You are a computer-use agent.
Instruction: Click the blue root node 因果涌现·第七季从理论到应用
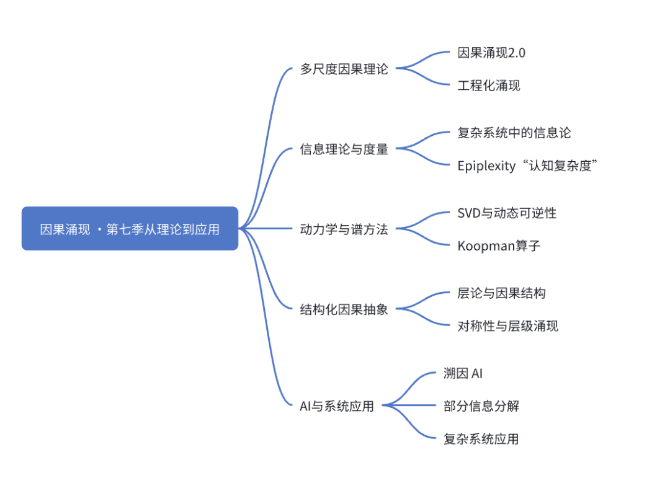[130, 229]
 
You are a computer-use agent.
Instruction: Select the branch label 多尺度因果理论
[344, 69]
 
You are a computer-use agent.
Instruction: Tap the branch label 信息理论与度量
[344, 149]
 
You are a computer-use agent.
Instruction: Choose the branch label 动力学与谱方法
[344, 229]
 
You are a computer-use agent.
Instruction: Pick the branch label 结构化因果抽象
[344, 309]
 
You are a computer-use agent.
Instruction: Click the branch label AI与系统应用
[337, 406]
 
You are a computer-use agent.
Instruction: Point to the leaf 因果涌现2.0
[491, 53]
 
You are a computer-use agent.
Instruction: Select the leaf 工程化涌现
[489, 86]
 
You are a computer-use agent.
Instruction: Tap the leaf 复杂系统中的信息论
[514, 133]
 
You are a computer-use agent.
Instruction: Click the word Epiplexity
[486, 166]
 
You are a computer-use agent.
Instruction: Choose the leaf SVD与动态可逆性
[507, 213]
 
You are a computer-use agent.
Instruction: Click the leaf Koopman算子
[499, 246]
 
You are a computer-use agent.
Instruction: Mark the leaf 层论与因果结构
[501, 293]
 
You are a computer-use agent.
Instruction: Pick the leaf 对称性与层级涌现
[507, 326]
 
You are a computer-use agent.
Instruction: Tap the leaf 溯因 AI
[463, 373]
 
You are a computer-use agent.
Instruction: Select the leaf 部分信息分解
[481, 406]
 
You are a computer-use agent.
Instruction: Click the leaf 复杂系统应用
[481, 439]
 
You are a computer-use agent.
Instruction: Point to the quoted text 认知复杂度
[560, 166]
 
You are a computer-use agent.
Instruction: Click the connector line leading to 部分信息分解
[409, 405]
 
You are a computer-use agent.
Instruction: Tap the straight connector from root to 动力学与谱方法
[266, 229]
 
